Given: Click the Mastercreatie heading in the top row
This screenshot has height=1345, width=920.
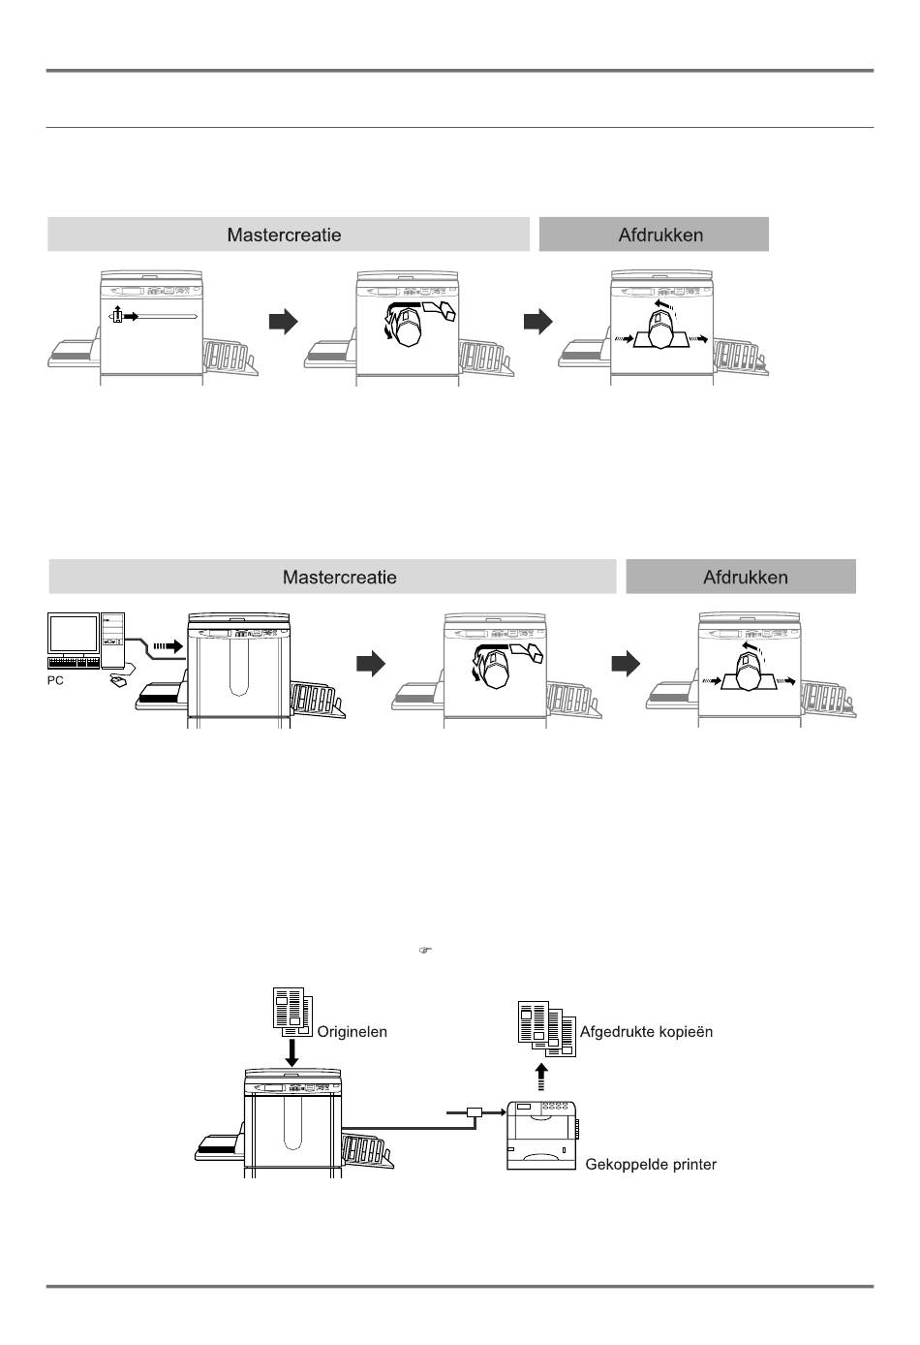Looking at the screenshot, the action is tap(284, 235).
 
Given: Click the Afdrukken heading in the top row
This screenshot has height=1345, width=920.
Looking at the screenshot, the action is tap(660, 235).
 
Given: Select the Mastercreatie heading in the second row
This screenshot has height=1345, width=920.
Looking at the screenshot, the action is tap(340, 577).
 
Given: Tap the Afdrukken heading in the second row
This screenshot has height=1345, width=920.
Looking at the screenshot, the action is tap(746, 577).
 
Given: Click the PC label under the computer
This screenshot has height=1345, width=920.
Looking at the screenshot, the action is tap(55, 680).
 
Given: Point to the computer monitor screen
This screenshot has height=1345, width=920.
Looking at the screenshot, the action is tap(74, 634).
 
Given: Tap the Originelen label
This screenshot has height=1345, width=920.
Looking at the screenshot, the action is tap(353, 1032).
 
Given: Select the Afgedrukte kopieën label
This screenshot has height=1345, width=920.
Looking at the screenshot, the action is tap(646, 1032).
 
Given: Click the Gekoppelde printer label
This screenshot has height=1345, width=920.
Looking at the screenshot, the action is tap(651, 1164).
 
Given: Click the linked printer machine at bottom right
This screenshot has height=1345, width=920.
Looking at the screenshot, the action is tap(542, 1136).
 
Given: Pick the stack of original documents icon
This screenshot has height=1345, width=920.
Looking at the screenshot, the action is tap(292, 1012).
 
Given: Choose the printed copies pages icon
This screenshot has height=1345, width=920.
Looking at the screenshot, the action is tap(547, 1028).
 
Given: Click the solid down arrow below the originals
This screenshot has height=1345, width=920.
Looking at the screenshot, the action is tap(291, 1053).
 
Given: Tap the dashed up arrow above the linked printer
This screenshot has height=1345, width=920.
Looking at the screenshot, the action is tap(541, 1079).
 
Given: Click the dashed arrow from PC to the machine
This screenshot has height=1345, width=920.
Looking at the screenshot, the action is tap(169, 646).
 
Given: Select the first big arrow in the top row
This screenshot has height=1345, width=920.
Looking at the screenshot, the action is tap(283, 322).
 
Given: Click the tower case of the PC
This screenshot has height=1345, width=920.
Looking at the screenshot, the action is tap(113, 641).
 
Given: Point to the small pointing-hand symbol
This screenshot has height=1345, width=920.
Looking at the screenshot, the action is tap(425, 950).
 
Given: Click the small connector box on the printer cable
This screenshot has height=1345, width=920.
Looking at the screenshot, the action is tap(475, 1112).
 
